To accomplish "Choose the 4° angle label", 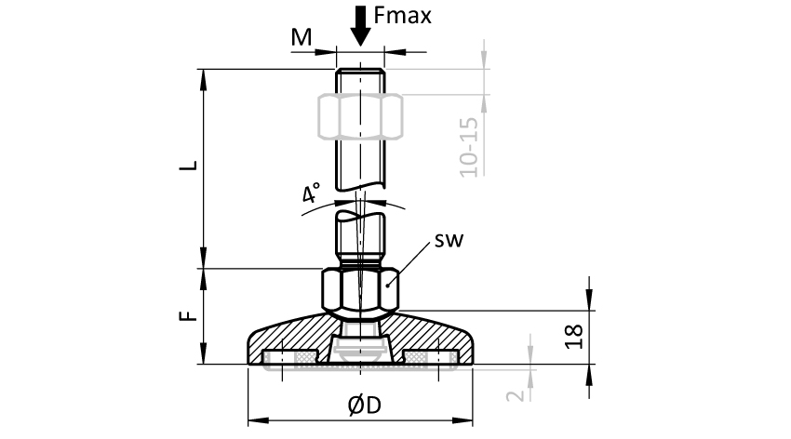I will [x=311, y=194].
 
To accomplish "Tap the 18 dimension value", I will [x=574, y=336].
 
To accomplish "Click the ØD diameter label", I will [x=364, y=406].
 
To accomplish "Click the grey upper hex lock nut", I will [x=360, y=116].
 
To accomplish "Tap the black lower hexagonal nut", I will [x=360, y=289].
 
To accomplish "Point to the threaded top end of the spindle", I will [x=360, y=79].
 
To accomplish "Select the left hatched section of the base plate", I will [x=288, y=337].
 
